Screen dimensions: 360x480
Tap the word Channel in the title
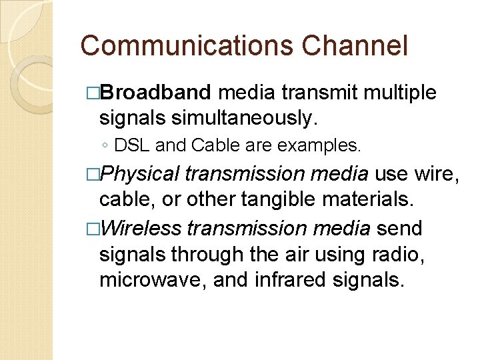[x=355, y=46]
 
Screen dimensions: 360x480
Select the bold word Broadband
[x=155, y=93]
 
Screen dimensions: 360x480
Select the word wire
[x=437, y=175]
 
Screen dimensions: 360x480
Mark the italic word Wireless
[x=141, y=228]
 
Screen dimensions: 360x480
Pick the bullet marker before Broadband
[x=92, y=93]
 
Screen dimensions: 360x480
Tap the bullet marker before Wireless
[x=92, y=229]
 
